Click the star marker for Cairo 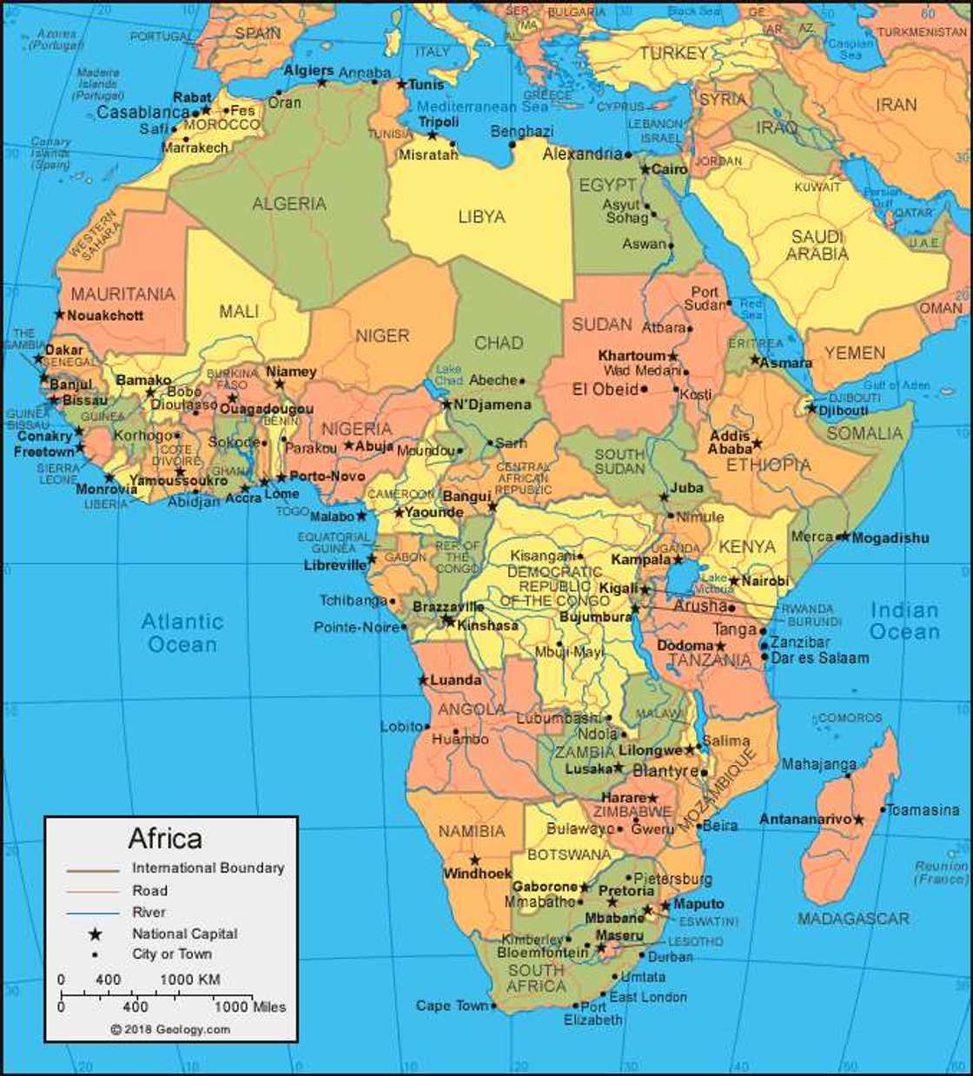(645, 168)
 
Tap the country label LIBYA (481, 216)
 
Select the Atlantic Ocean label (182, 633)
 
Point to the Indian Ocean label (904, 621)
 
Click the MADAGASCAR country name (854, 918)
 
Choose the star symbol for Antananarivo (858, 819)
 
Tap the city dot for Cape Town (493, 1007)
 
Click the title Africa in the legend (165, 839)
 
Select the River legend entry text (149, 912)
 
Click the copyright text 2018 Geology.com (170, 1029)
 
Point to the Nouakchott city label (105, 315)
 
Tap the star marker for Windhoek (474, 860)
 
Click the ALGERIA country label (289, 204)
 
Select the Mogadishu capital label (890, 538)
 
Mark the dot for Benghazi (513, 144)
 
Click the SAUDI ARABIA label (817, 246)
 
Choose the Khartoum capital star (672, 356)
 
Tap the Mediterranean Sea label (482, 107)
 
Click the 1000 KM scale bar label (189, 980)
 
